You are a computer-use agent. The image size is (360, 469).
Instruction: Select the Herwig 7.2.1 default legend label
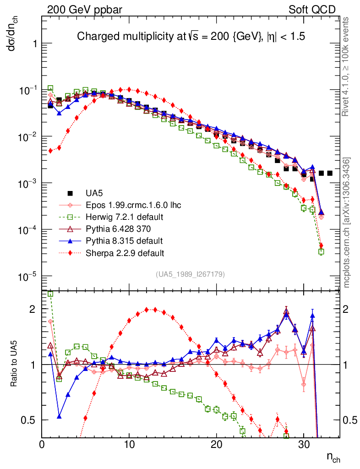124,217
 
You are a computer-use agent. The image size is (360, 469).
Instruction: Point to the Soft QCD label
311,9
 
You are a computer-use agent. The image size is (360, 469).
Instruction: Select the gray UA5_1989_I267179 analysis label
190,274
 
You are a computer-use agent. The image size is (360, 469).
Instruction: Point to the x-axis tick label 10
129,444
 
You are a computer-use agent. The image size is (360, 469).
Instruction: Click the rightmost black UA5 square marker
330,173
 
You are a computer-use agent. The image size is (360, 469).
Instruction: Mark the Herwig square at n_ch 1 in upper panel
50,88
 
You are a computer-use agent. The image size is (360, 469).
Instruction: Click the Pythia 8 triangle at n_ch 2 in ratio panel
59,416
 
